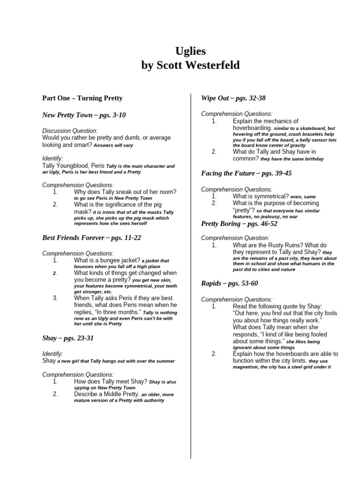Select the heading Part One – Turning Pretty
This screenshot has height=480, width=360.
(x=82, y=98)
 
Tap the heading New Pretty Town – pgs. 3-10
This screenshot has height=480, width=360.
(x=84, y=114)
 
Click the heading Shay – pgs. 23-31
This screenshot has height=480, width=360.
(x=68, y=338)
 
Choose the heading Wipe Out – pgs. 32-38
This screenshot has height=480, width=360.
(x=233, y=98)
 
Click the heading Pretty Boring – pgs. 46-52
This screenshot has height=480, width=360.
(x=239, y=224)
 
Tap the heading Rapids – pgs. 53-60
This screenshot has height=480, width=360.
(x=229, y=283)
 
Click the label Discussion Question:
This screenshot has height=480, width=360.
(x=70, y=131)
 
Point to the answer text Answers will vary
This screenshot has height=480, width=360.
(x=113, y=145)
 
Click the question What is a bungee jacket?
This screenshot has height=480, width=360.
(x=107, y=260)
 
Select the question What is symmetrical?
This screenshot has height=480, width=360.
(x=260, y=196)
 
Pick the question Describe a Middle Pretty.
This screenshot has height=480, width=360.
(x=106, y=394)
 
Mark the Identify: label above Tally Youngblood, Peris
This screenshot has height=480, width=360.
(x=52, y=159)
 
